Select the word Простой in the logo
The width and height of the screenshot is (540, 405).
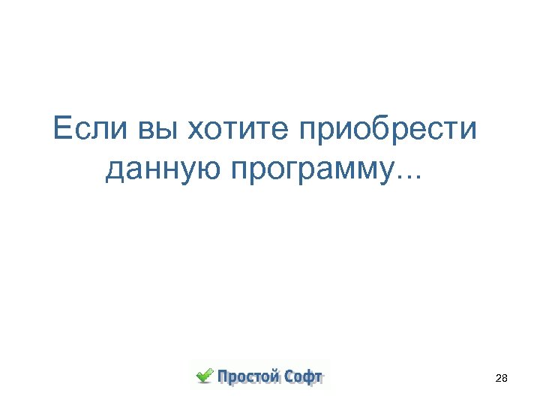pyautogui.click(x=246, y=376)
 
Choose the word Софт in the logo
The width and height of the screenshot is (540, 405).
pyautogui.click(x=303, y=376)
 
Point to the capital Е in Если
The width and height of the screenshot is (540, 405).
pyautogui.click(x=64, y=130)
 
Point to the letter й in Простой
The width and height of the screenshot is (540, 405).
pyautogui.click(x=274, y=376)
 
